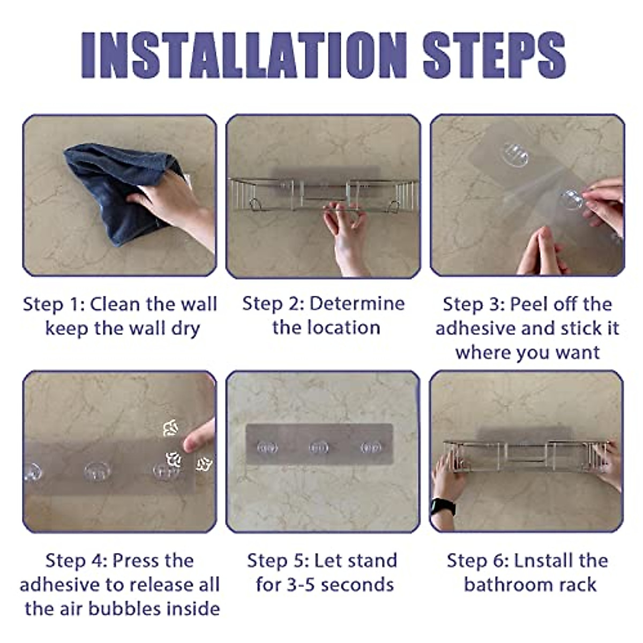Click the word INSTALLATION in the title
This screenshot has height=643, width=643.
pos(244,55)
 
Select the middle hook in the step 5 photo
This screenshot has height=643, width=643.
pos(319,447)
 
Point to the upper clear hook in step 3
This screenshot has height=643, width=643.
pos(516,155)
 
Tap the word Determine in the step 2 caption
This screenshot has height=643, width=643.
pos(357,304)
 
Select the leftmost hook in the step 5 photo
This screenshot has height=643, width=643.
pos(267,447)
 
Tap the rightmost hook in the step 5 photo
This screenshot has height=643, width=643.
pos(371,447)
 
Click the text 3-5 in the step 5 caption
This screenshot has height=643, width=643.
pos(301,585)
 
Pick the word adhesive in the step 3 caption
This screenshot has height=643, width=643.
pos(476,328)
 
